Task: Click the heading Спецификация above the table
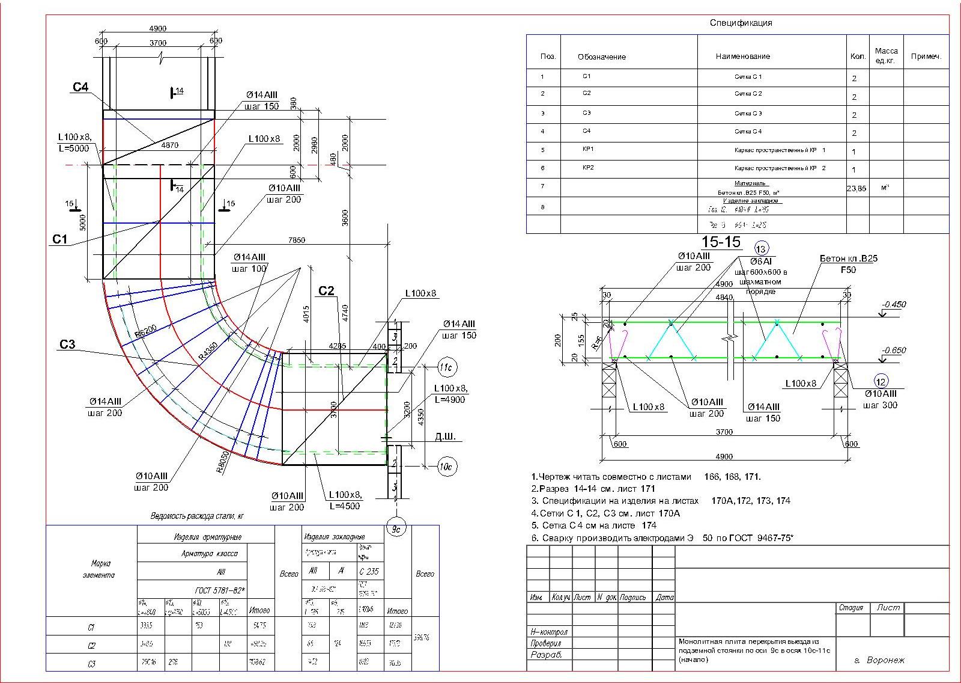coord(741,23)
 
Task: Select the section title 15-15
coord(721,242)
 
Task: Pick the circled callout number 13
coord(761,249)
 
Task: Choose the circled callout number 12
coord(881,381)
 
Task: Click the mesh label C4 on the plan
coord(80,88)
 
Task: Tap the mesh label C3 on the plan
coord(67,345)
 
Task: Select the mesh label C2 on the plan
coord(326,291)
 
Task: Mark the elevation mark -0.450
coord(894,304)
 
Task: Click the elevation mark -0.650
coord(894,351)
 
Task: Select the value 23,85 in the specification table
coord(856,188)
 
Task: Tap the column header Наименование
coord(742,57)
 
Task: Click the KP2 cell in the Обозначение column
coord(588,168)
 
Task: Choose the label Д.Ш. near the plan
coord(445,436)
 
